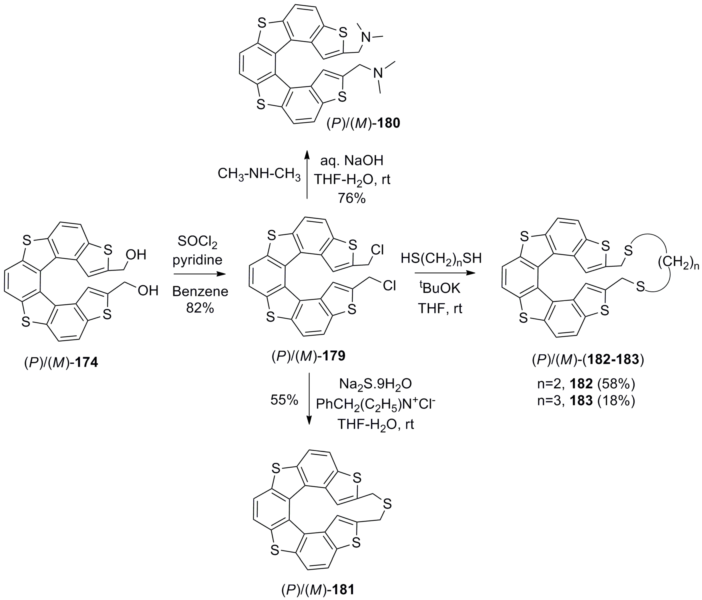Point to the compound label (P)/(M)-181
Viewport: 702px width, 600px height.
[x=318, y=590]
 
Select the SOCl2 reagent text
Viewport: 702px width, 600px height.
[x=198, y=242]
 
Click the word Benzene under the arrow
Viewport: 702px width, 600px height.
[x=200, y=291]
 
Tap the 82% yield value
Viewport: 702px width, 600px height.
[x=200, y=308]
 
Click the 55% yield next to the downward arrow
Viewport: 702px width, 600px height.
[x=284, y=401]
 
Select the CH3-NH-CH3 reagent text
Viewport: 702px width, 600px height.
[x=259, y=174]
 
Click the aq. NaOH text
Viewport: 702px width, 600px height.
[x=352, y=160]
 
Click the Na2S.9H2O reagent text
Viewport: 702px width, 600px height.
[x=375, y=384]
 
